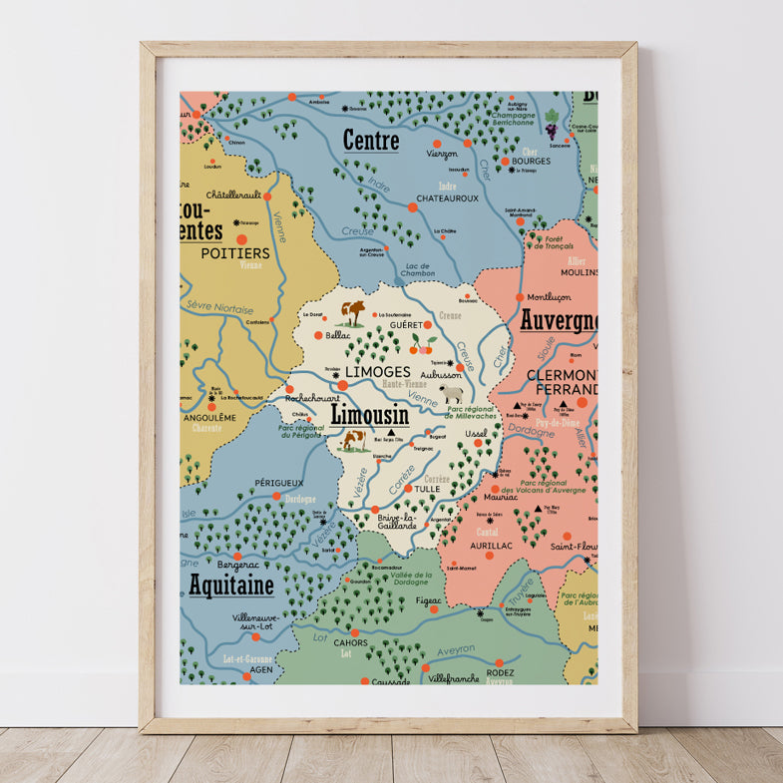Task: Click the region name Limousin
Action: pos(369,413)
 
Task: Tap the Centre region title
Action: pos(371,141)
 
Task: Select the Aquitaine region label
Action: pos(230,586)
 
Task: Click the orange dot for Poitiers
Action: pos(241,239)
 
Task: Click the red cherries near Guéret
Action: pos(423,345)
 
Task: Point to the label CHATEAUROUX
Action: pos(448,198)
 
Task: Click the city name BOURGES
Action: pos(532,161)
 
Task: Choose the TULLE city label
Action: pos(427,490)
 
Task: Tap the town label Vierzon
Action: pos(442,154)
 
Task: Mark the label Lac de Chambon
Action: pos(418,270)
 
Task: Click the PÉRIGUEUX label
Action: pos(278,483)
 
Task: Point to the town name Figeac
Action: pos(429,600)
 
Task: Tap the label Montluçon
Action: pos(548,297)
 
